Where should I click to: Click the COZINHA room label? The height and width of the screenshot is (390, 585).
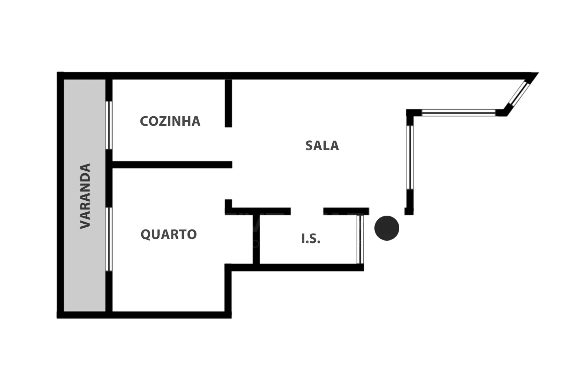[170, 121]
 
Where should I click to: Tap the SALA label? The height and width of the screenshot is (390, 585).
[322, 146]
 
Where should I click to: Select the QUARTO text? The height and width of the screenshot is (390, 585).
[169, 234]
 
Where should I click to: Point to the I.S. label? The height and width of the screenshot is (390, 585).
[311, 239]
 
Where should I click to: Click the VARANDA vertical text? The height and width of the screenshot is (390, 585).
[86, 196]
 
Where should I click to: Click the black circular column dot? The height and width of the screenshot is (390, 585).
[387, 228]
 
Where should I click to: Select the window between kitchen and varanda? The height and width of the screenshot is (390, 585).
[109, 125]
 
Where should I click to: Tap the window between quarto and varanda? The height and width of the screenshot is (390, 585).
[109, 239]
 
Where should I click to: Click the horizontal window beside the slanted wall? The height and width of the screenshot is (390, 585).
[458, 113]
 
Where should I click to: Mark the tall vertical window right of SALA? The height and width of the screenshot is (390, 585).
[410, 158]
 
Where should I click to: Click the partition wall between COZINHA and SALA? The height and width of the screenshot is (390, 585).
[229, 103]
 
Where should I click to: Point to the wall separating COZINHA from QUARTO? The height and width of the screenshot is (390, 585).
[172, 165]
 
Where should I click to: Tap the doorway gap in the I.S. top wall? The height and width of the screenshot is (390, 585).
[307, 211]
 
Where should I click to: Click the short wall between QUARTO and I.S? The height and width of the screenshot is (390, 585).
[256, 239]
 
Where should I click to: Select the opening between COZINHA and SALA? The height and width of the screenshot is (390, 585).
[229, 144]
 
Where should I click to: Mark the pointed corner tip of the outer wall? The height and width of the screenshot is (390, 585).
[539, 73]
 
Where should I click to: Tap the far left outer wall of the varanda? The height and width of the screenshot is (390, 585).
[60, 195]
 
